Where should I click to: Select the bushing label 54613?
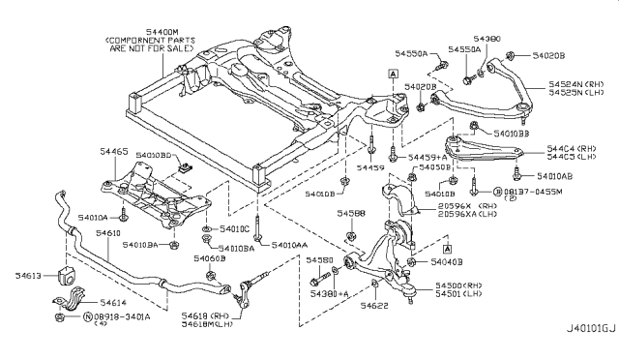pyautogui.click(x=29, y=276)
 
